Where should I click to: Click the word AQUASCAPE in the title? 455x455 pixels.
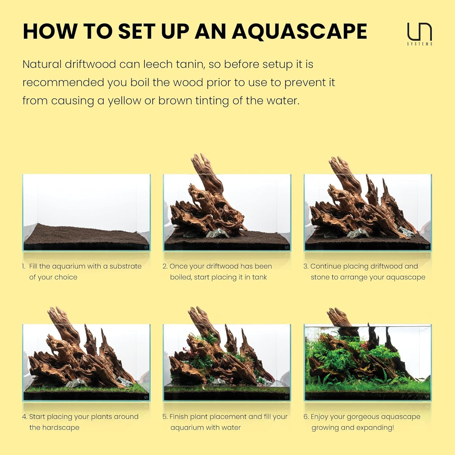299,32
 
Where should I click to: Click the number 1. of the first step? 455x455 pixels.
24,266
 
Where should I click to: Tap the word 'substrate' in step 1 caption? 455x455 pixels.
125,266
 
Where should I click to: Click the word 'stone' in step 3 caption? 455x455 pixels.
320,277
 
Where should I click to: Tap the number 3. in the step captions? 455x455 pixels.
306,266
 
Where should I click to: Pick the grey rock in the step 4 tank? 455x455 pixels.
75,383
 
